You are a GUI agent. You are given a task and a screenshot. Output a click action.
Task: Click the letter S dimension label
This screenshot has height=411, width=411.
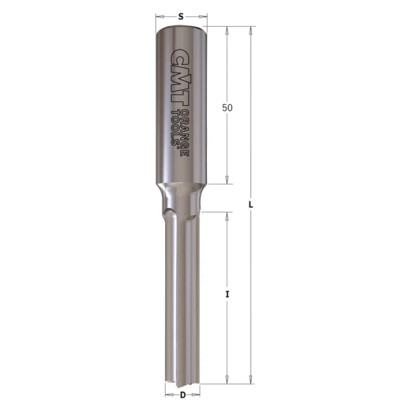click(182, 14)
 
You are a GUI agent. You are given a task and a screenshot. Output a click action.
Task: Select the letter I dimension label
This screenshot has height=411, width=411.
click(227, 295)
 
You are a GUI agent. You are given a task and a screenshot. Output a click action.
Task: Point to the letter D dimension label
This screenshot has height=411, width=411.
click(183, 395)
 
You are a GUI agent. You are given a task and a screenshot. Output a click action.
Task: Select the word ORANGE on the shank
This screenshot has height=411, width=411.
click(184, 130)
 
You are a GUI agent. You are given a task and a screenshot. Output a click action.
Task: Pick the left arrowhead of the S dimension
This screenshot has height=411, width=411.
click(160, 14)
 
